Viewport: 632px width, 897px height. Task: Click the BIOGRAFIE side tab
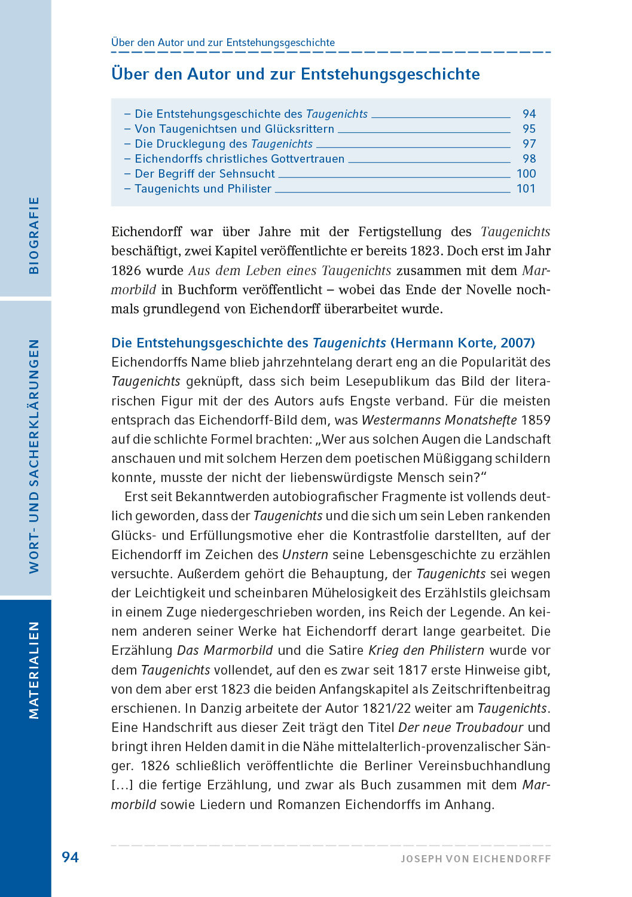coord(34,236)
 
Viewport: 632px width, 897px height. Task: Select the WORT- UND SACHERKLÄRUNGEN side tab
coord(34,456)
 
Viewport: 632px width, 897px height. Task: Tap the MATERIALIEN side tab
coord(34,670)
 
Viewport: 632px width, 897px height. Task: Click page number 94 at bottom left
coord(70,858)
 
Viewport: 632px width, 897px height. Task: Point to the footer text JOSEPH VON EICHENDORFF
coord(475,859)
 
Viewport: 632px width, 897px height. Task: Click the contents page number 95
coord(529,129)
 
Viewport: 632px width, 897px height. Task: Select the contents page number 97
coord(529,144)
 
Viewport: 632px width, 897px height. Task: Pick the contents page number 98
coord(529,159)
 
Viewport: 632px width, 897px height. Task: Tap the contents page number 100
coord(526,174)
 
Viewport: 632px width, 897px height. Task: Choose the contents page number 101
coord(526,189)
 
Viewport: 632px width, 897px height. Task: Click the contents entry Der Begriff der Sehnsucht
coord(204,174)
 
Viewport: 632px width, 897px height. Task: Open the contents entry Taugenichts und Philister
coord(203,189)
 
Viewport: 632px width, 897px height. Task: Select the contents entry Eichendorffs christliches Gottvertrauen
coord(239,159)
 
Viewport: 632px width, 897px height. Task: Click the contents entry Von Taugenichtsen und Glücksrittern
coord(234,129)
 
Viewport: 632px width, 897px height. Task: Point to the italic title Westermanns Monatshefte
coord(439,420)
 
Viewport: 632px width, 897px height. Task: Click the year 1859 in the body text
coord(536,420)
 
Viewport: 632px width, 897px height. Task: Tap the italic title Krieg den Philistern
coord(426,651)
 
